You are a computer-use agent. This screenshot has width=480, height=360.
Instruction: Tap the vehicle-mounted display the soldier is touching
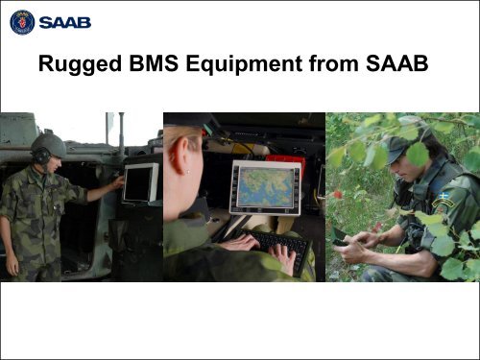coord(140,181)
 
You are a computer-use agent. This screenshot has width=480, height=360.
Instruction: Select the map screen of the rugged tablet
coord(264,187)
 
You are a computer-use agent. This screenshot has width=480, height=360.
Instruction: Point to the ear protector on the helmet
coord(41,155)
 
